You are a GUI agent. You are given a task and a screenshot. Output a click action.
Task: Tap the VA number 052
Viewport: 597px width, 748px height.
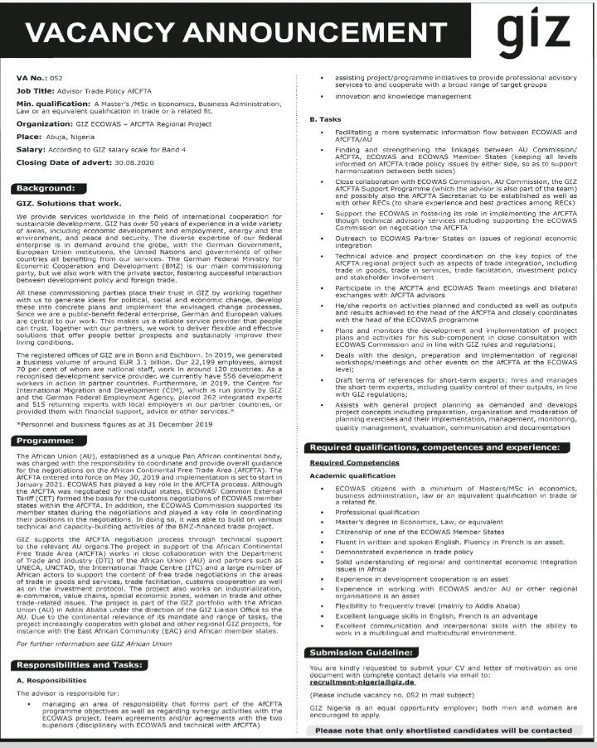56,77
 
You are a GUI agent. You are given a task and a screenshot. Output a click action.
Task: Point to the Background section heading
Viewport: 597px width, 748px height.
51,189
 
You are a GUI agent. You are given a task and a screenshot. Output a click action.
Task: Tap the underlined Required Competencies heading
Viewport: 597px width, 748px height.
354,462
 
